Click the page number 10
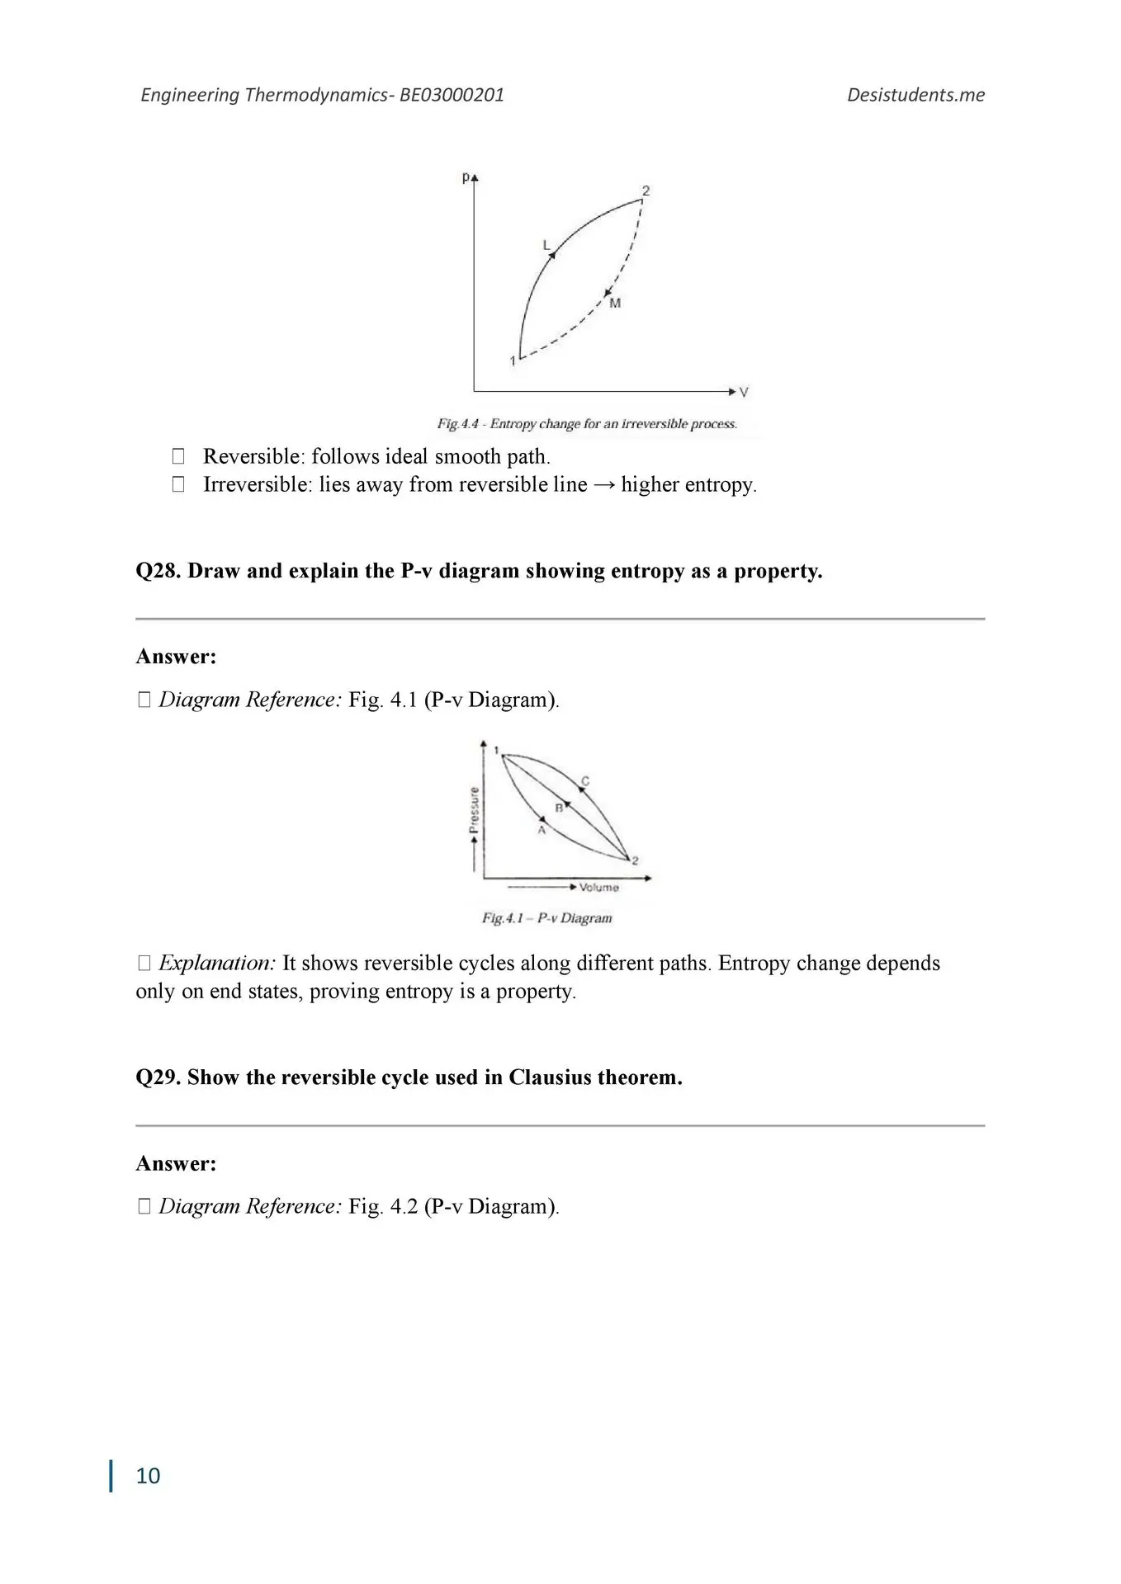pos(148,1476)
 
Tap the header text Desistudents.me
pos(915,95)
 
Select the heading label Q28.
pos(158,571)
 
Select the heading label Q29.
pos(158,1077)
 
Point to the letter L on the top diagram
pos(546,245)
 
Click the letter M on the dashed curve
pos(615,304)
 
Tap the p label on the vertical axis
pos(466,177)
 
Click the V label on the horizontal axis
pos(744,393)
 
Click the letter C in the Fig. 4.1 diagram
pos(585,780)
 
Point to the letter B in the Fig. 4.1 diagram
pos(559,808)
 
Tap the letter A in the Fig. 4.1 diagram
pos(542,830)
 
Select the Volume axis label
pos(598,888)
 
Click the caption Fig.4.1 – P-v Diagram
pos(546,918)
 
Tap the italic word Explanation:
pos(217,963)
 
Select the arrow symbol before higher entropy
pos(604,484)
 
